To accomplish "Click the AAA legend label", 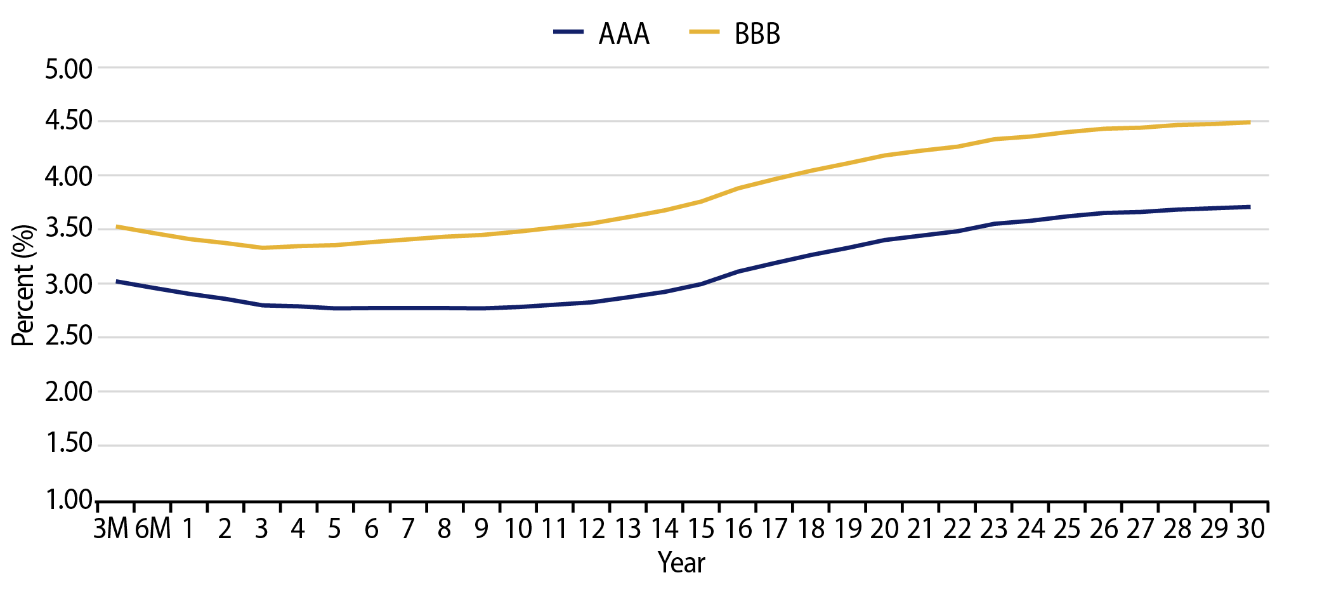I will (624, 34).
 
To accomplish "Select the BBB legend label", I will (757, 34).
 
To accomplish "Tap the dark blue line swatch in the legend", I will (568, 32).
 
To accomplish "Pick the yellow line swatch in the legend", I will (704, 32).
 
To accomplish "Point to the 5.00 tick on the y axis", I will (69, 69).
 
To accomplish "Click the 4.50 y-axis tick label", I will (69, 121).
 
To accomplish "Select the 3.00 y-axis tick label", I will (69, 284).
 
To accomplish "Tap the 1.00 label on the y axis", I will (69, 500).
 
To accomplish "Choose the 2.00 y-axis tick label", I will (69, 392).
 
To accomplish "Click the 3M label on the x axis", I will (111, 529).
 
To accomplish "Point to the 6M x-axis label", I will (153, 529).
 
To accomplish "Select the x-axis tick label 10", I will (518, 529).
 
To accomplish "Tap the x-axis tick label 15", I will (702, 529).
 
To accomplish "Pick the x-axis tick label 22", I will (957, 529).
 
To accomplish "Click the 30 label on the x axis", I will (1250, 529).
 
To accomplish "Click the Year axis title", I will (681, 563).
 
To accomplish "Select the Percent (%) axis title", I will (23, 285).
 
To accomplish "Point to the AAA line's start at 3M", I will (117, 280).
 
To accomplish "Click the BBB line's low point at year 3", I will (262, 247).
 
